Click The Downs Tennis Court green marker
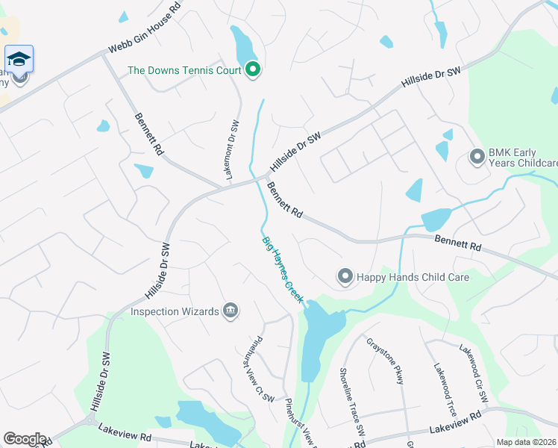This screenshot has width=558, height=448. (x=253, y=71)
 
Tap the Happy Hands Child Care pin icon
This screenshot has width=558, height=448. (x=345, y=277)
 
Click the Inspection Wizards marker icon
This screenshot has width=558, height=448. (x=231, y=311)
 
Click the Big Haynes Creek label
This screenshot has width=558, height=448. (x=283, y=270)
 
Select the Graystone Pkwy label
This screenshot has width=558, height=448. (x=384, y=361)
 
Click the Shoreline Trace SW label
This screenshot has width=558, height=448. (x=351, y=402)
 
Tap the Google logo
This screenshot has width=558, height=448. (x=24, y=439)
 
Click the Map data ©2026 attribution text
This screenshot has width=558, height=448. (x=526, y=442)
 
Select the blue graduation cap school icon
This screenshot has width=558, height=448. (x=19, y=58)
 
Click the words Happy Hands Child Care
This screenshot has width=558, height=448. (x=413, y=277)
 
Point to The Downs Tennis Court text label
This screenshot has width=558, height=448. (x=184, y=71)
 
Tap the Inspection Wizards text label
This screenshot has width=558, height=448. (x=175, y=311)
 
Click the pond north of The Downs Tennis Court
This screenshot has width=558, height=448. (x=242, y=46)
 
